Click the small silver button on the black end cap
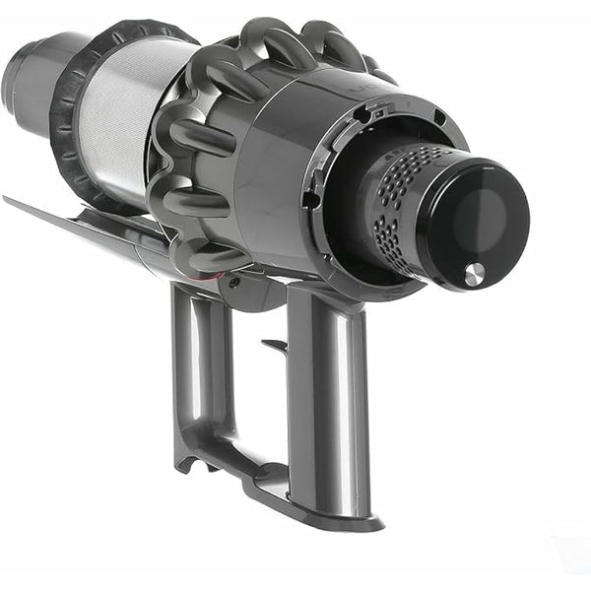[x=474, y=275]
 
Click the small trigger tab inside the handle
[x=274, y=345]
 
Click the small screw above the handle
[x=233, y=282]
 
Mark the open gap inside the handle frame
[x=246, y=394]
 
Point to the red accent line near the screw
[x=219, y=279]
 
